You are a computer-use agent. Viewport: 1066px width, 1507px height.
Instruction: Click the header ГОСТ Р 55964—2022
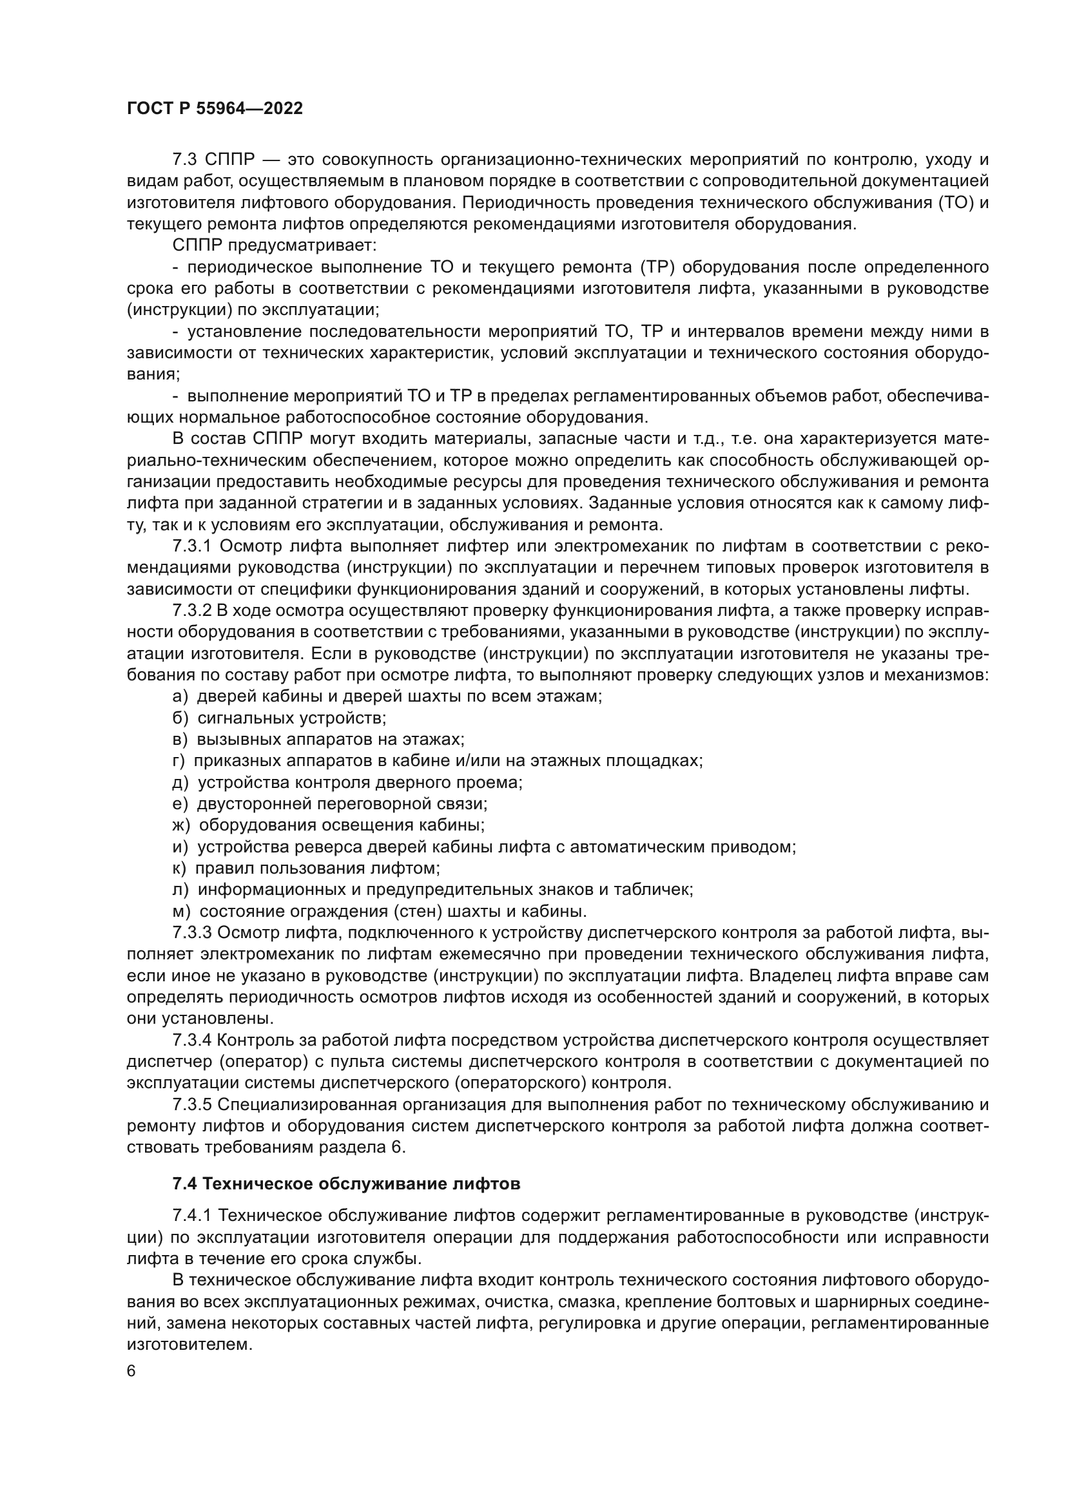point(215,109)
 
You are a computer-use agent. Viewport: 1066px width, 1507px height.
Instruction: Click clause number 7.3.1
point(192,546)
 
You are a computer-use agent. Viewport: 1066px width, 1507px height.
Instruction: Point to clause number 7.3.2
point(192,610)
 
